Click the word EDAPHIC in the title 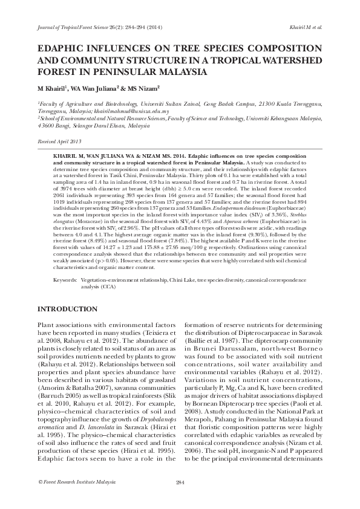[x=62, y=48]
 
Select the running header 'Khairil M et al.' [x=307, y=27]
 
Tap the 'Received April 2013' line [x=59, y=141]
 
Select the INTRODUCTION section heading [x=68, y=309]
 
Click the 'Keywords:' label [x=64, y=281]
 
